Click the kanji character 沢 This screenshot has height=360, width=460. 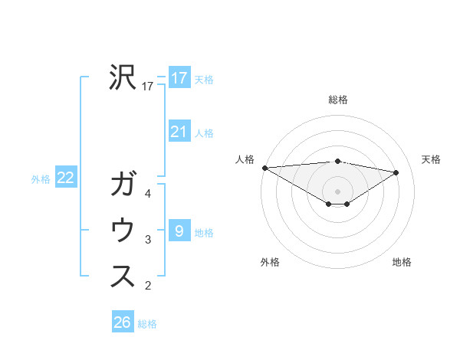pos(123,77)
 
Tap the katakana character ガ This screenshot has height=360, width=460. pos(123,185)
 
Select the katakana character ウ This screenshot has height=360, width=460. pos(123,231)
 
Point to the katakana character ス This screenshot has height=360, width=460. pos(123,277)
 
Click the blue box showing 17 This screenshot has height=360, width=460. pos(179,77)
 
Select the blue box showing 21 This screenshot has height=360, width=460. pos(179,132)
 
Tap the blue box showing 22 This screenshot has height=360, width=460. pos(65,178)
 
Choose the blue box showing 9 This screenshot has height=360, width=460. pos(179,231)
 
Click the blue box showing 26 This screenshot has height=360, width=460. pos(122,322)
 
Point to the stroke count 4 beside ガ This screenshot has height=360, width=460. pos(148,194)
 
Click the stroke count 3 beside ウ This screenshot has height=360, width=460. pos(148,241)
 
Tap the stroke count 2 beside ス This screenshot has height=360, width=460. pos(148,286)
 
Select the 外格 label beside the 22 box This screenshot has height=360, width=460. pos(41,179)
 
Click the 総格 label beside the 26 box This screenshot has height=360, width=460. pos(147,324)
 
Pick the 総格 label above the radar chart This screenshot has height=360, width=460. pos(337,100)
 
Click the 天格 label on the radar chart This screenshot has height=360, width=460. pos(432,159)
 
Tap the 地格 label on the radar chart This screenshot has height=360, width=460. pos(402,262)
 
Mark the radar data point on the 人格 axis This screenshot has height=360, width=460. pos(264,167)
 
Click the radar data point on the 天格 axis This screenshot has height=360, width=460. pos(396,172)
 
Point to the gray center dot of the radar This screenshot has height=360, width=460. pos(337,191)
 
